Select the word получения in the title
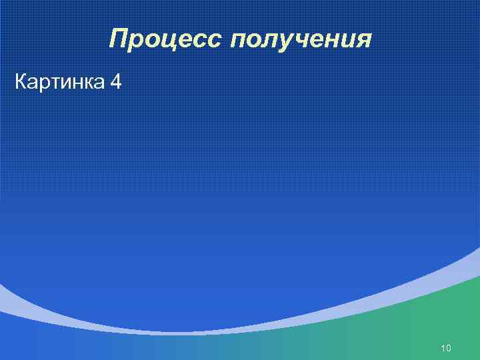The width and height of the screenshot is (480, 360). (301, 41)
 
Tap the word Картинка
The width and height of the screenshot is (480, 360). (59, 83)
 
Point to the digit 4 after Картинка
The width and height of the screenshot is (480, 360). (116, 83)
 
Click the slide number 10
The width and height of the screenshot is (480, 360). (447, 349)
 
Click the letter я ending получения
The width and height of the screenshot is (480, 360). (363, 42)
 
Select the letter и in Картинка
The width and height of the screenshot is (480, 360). (65, 85)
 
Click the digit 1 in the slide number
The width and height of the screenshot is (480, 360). (443, 349)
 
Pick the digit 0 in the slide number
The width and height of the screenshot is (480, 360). (449, 349)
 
